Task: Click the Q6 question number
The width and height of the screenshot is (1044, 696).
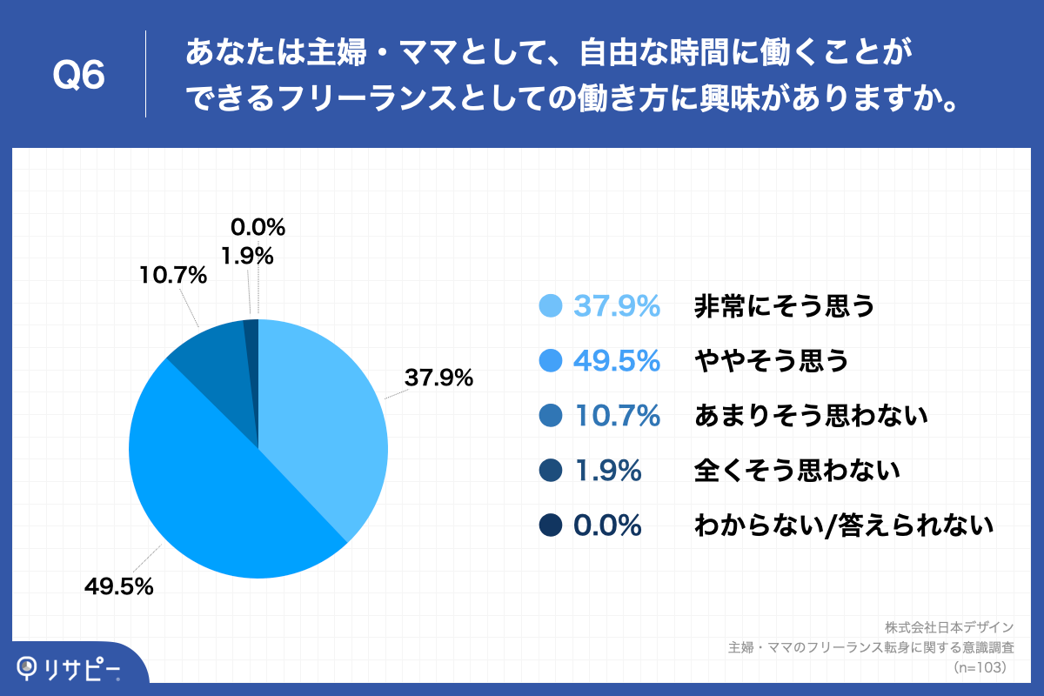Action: (78, 75)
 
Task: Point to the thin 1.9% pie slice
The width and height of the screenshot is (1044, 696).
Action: (251, 339)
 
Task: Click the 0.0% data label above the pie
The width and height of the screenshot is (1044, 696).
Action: (258, 228)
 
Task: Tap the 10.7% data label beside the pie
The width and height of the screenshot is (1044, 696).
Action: (173, 277)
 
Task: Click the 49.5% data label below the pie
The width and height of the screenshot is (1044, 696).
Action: (119, 586)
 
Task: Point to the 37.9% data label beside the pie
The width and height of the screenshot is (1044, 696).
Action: (438, 378)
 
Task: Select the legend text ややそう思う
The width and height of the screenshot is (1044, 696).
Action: (771, 361)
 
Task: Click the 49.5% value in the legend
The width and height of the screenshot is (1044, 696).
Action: (616, 361)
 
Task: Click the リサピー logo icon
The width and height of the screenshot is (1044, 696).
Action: (29, 667)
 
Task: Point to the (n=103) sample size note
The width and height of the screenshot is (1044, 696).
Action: (980, 667)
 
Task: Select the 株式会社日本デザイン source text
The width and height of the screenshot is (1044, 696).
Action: (949, 627)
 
